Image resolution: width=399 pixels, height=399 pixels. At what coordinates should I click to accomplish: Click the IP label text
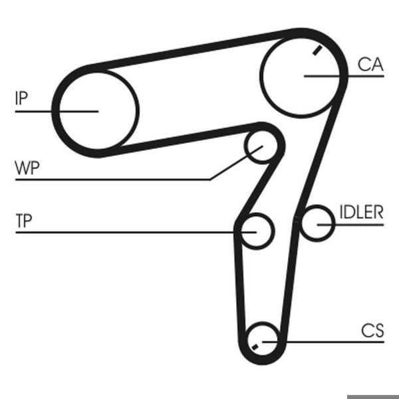[x=21, y=98]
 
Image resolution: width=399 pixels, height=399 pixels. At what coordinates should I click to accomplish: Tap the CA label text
[x=370, y=65]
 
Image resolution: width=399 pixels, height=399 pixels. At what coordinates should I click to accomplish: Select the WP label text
[x=27, y=168]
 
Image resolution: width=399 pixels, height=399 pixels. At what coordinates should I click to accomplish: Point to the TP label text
[x=24, y=221]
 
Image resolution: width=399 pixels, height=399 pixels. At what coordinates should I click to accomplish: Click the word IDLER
[x=361, y=212]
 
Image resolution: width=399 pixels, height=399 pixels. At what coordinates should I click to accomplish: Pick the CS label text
[x=372, y=331]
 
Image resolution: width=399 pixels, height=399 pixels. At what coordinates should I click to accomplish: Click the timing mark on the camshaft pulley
[x=317, y=51]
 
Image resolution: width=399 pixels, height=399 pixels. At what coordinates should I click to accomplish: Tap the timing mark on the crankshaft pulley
[x=255, y=347]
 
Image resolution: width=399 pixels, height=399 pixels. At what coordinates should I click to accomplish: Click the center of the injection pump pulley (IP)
[x=98, y=111]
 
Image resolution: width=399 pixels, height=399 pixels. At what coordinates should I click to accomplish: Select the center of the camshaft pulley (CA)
[x=301, y=76]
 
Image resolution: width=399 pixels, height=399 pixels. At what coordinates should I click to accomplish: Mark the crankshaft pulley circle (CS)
[x=263, y=323]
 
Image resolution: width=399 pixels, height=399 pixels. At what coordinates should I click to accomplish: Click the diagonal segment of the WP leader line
[x=236, y=163]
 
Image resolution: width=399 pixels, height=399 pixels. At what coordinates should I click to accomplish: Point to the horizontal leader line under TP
[x=136, y=232]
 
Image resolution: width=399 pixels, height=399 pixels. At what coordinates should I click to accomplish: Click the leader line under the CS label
[x=323, y=342]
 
